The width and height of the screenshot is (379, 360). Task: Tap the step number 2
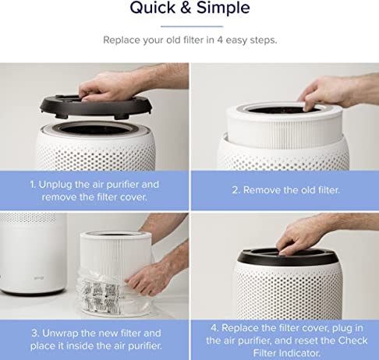point(235,189)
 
